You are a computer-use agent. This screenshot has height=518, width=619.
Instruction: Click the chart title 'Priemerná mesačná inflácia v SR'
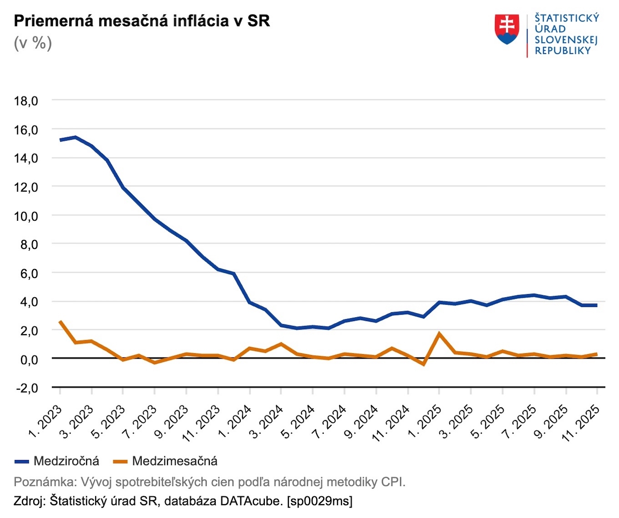[142, 21]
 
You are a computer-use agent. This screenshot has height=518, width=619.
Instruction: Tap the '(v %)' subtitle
[33, 43]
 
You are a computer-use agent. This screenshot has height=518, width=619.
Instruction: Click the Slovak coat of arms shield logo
[507, 29]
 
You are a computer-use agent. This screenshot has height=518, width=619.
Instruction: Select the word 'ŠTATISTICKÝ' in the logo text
[567, 18]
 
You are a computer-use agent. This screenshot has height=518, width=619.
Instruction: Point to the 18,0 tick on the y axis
[26, 101]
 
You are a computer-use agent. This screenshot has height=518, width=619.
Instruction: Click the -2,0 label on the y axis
[26, 388]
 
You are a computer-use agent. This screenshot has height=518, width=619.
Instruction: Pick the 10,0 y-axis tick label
[26, 216]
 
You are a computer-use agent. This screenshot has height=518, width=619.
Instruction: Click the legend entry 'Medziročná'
[66, 461]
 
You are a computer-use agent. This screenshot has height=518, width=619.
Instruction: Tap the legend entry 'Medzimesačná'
[174, 461]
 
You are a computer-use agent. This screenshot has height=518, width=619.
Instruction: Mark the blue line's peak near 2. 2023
[76, 137]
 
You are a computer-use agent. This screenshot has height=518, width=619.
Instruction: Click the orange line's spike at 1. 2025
[439, 334]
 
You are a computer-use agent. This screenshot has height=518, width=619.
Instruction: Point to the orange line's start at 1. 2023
[60, 321]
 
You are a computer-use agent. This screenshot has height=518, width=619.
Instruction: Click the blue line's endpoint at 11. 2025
[596, 305]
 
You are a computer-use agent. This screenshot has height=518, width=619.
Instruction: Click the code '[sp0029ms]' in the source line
[320, 501]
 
